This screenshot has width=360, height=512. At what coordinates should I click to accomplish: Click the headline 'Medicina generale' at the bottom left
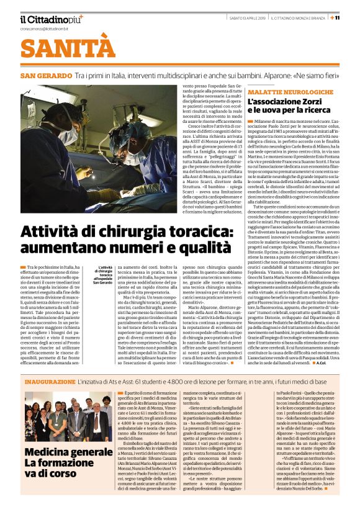(68, 452)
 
